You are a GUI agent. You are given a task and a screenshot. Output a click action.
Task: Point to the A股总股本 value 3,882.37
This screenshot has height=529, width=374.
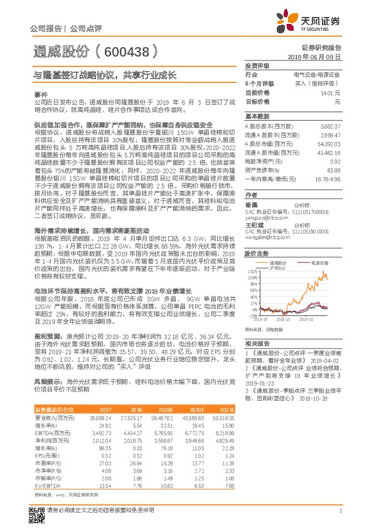(329, 126)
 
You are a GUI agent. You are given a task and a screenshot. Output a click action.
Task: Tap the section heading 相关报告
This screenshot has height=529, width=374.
(257, 344)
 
